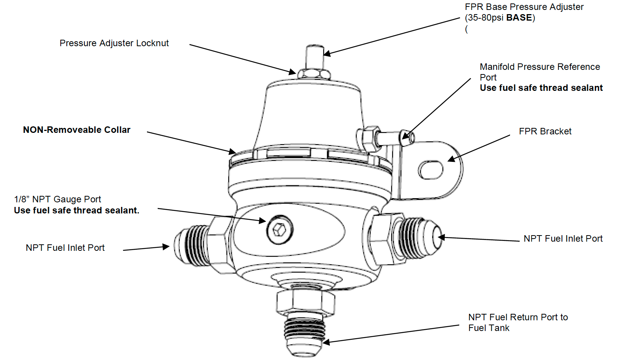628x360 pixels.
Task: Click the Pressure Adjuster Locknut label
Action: (x=114, y=43)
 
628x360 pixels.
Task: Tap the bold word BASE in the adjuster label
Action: (x=519, y=18)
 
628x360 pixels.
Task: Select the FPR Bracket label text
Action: (x=545, y=131)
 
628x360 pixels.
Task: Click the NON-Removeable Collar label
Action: (x=77, y=130)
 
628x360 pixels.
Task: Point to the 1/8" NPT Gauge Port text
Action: (x=58, y=199)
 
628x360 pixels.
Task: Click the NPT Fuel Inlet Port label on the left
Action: (x=65, y=248)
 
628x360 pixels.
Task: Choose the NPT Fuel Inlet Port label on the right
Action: (x=563, y=239)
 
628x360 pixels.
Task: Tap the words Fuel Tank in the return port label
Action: (x=489, y=328)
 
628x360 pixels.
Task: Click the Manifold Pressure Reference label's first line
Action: (x=539, y=67)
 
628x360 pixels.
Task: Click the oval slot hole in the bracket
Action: (x=431, y=170)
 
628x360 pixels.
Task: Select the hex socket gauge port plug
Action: (x=280, y=229)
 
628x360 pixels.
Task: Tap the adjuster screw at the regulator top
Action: (x=315, y=57)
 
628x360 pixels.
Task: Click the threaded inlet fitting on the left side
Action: (x=191, y=244)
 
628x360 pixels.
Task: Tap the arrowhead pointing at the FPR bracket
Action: (x=452, y=159)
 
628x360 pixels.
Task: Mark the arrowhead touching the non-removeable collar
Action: (x=232, y=152)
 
